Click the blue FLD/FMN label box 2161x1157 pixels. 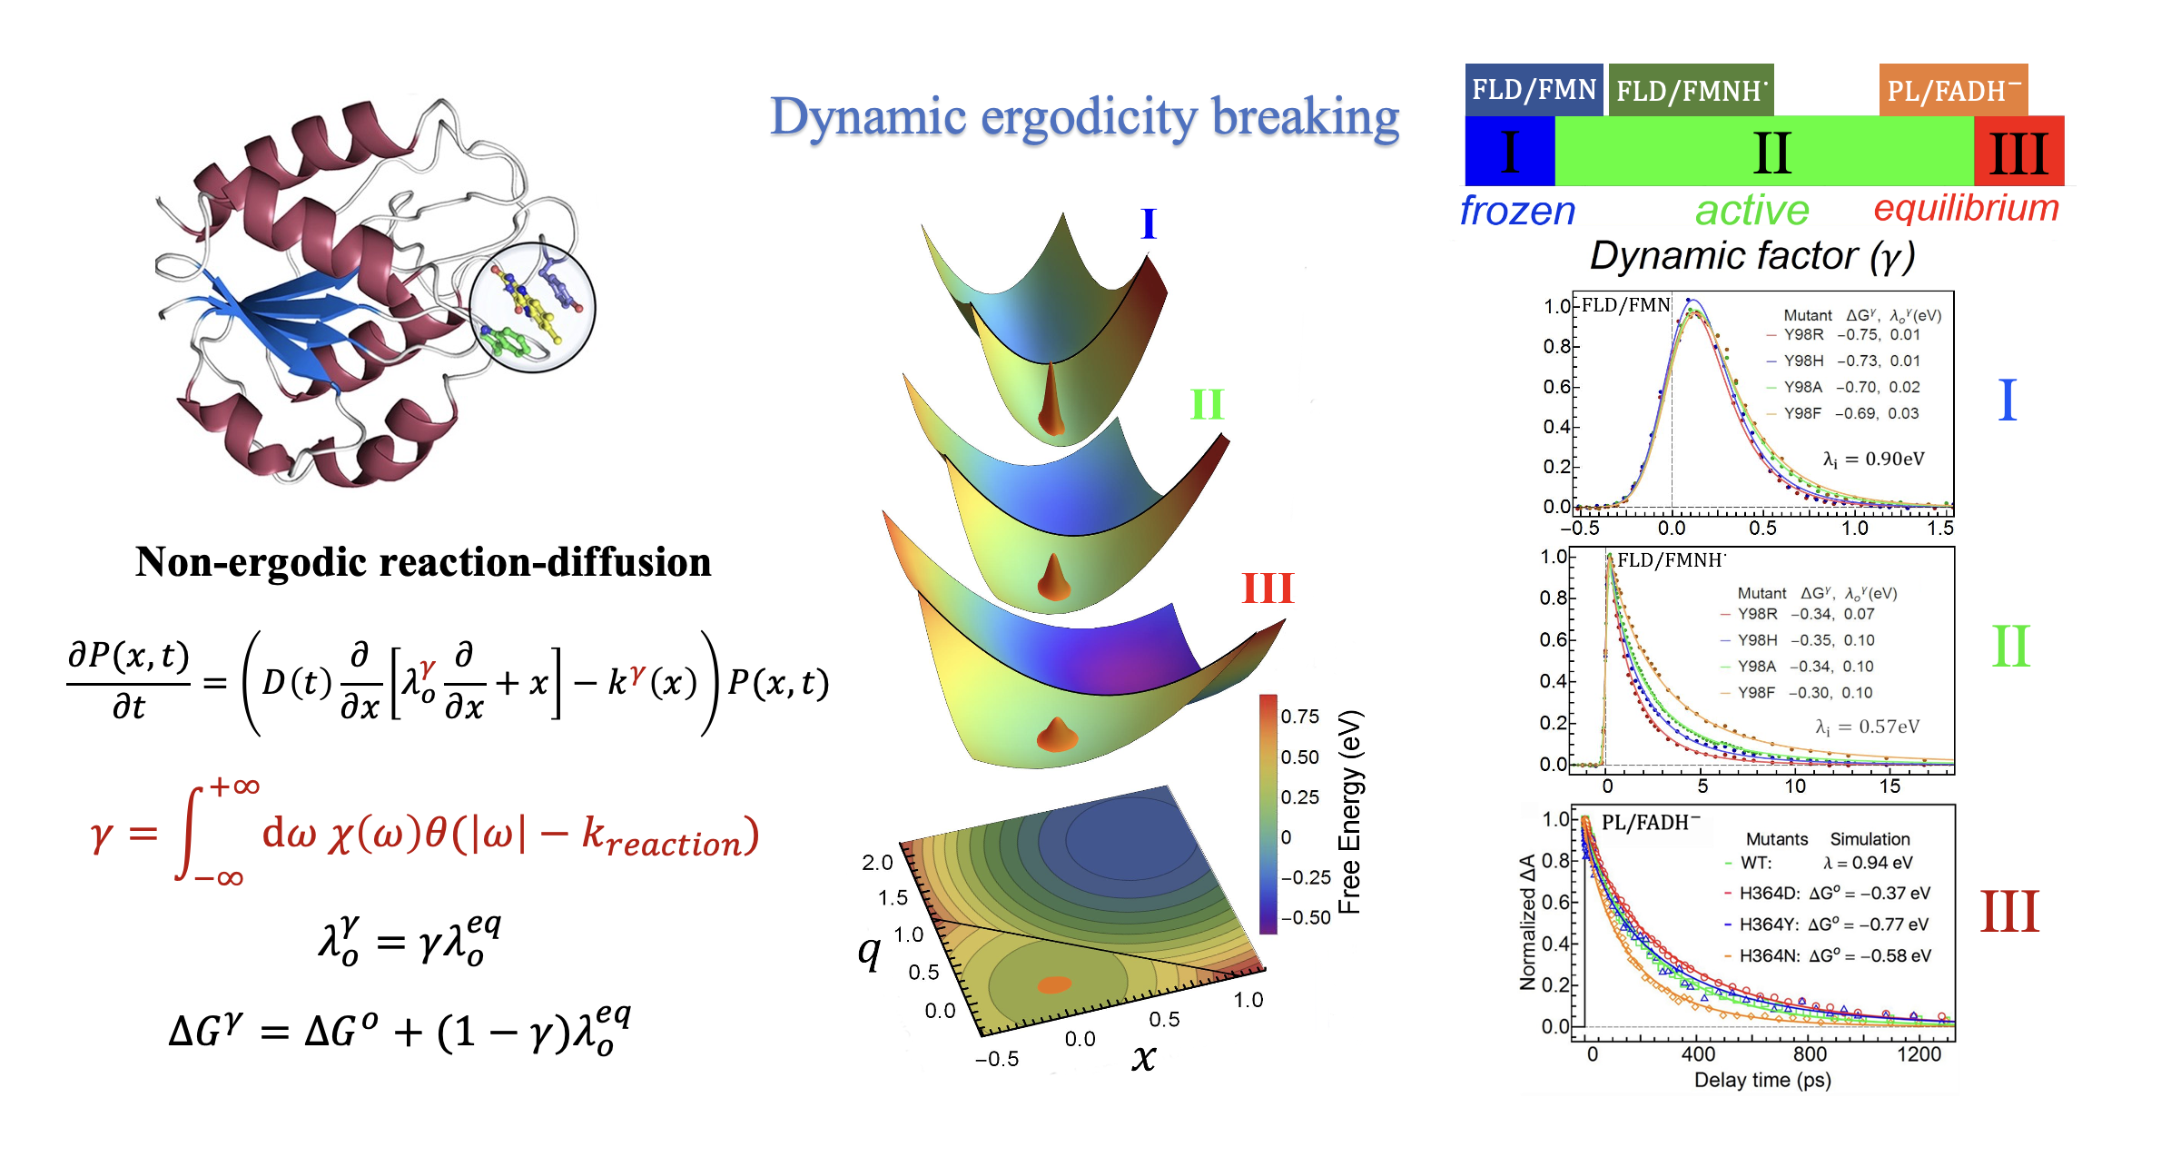[1533, 90]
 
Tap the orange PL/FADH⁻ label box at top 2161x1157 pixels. [1952, 90]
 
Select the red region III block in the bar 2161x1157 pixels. [2018, 152]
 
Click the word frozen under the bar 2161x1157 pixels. [1517, 211]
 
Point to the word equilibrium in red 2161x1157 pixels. [1966, 208]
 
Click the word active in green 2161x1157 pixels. [1751, 211]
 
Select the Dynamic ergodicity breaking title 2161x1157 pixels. [1084, 118]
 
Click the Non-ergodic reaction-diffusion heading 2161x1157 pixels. [423, 562]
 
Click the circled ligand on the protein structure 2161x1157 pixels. [532, 307]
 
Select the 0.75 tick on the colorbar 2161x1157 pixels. [1300, 717]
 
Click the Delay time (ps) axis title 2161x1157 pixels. [1762, 1080]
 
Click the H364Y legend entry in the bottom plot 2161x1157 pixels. [1825, 925]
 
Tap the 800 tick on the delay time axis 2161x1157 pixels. [1810, 1054]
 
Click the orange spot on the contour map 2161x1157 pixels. [1054, 984]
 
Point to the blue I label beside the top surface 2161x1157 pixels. [1149, 223]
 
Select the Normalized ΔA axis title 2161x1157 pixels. [1527, 922]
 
